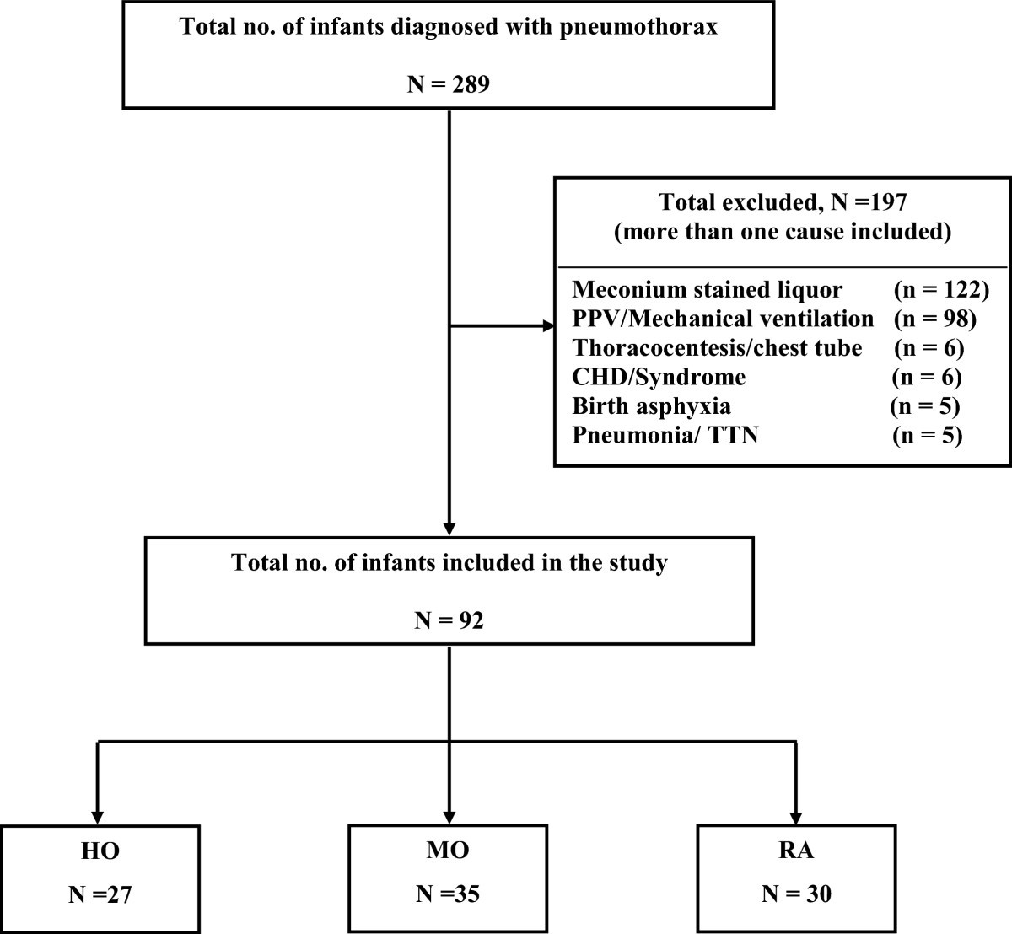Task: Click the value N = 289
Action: pos(448,84)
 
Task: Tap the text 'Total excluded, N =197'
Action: pos(782,202)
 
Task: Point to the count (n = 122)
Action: pos(940,290)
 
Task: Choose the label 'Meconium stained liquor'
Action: pos(707,290)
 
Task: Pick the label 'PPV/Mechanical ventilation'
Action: pos(723,319)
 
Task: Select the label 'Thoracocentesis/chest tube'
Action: pos(717,347)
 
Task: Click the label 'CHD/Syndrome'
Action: pos(659,377)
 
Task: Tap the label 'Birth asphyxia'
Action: pos(651,406)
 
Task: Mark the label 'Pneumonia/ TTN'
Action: pos(665,436)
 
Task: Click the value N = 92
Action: pos(449,620)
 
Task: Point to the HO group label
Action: pos(100,851)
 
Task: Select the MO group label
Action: pos(448,851)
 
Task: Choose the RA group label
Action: pos(796,851)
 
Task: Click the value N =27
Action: pos(100,894)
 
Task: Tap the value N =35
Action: pos(448,894)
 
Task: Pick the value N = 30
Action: pos(796,894)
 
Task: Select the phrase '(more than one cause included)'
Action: pos(782,232)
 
